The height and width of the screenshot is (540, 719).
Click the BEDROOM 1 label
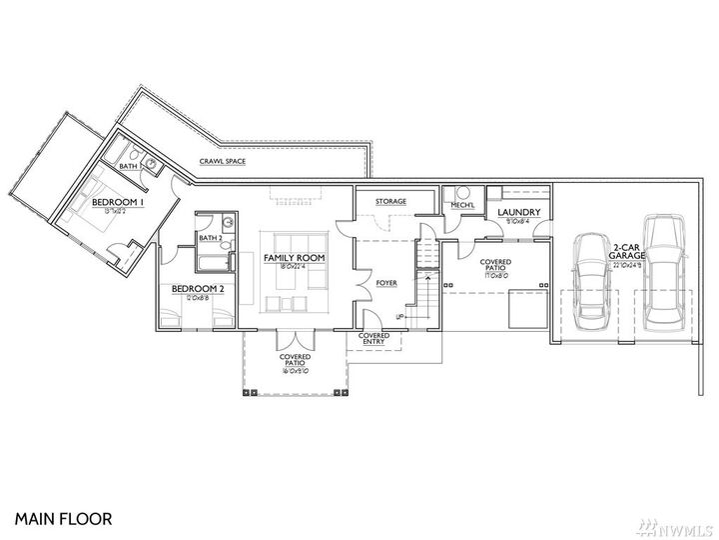pyautogui.click(x=119, y=202)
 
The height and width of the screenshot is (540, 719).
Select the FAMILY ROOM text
pyautogui.click(x=295, y=258)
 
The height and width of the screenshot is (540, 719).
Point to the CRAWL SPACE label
pyautogui.click(x=223, y=161)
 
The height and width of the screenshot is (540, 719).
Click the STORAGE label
pyautogui.click(x=390, y=202)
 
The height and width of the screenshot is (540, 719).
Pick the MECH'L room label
pyautogui.click(x=461, y=206)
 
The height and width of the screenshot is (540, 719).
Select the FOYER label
pyautogui.click(x=386, y=284)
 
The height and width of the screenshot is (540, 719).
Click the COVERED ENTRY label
pyautogui.click(x=373, y=339)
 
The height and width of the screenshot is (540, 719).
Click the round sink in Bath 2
pyautogui.click(x=228, y=222)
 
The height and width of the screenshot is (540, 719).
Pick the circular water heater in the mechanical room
pyautogui.click(x=462, y=193)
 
